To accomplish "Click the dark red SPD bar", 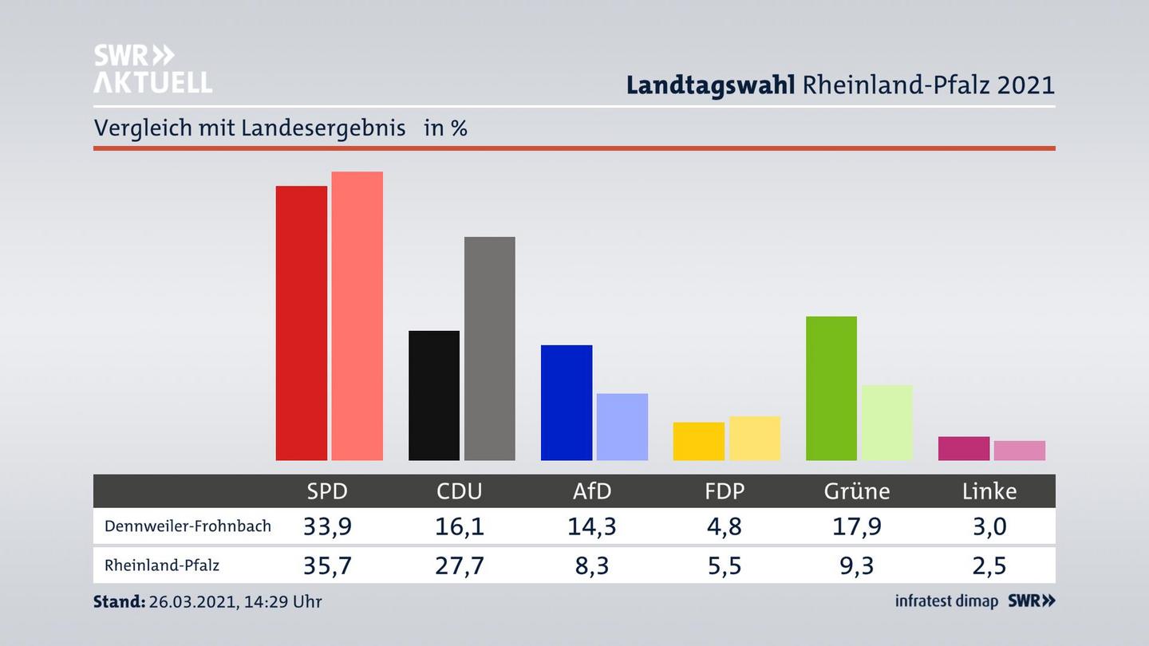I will click(x=301, y=323).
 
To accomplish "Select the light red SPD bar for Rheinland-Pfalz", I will click(x=357, y=316).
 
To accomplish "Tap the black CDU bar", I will click(x=433, y=396).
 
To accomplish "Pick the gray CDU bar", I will click(x=489, y=349).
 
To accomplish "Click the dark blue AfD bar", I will click(x=566, y=403).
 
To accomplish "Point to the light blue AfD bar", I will click(x=622, y=427).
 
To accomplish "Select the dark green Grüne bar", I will click(x=831, y=388).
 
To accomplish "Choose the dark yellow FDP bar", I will click(x=698, y=441).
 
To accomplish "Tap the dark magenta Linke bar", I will click(x=963, y=448).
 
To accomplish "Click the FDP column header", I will click(x=724, y=491).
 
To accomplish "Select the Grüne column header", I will click(x=856, y=491).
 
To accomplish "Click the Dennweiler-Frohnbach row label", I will click(x=188, y=526).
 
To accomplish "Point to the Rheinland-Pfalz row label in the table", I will click(x=162, y=565).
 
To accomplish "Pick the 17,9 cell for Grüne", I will click(x=856, y=526).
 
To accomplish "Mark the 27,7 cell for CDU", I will click(x=460, y=565).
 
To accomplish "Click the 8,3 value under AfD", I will click(x=591, y=565).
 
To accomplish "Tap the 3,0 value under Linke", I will click(x=989, y=526).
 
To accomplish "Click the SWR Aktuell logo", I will click(x=152, y=69).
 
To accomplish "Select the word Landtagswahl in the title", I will click(x=710, y=85).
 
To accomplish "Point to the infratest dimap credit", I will click(x=946, y=601).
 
